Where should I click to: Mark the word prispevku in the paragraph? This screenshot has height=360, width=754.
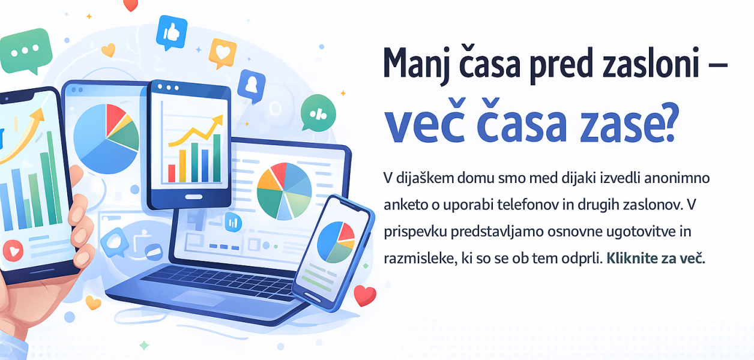click(x=417, y=232)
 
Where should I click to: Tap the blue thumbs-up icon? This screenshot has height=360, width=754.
click(x=171, y=32)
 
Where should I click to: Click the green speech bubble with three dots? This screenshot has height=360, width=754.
click(x=25, y=50)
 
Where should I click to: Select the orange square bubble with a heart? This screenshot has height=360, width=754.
click(x=223, y=53)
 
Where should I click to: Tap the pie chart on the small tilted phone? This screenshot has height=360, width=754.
click(x=336, y=241)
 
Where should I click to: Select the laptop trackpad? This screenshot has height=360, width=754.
click(x=190, y=298)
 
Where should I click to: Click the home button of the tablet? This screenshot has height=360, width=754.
click(x=191, y=197)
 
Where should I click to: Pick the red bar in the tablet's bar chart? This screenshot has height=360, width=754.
click(x=172, y=173)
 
